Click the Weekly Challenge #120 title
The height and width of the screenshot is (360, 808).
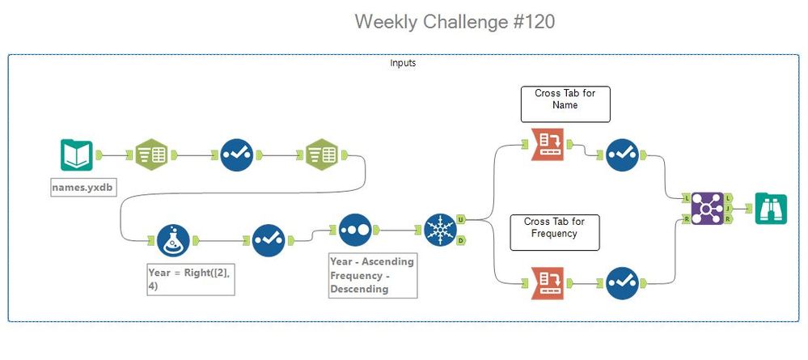(x=455, y=22)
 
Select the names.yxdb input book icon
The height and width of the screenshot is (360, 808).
(x=76, y=155)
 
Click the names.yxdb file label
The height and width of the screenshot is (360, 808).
(x=81, y=188)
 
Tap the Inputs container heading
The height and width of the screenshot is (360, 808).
(x=403, y=63)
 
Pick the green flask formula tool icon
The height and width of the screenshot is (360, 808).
(x=174, y=240)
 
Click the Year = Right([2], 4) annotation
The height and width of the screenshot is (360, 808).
(x=191, y=279)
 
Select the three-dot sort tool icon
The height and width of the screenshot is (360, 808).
(x=355, y=230)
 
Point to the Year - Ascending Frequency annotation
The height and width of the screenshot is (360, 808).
(x=372, y=275)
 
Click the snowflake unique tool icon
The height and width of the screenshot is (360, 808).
(x=440, y=230)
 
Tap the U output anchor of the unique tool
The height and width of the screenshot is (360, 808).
(x=461, y=218)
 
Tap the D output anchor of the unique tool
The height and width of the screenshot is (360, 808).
(x=461, y=240)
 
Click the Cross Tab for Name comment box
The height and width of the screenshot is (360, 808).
(x=565, y=104)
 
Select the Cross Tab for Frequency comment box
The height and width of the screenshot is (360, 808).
(x=555, y=232)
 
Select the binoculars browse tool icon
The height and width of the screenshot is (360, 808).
(x=770, y=208)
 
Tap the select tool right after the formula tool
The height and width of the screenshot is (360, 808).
(x=268, y=240)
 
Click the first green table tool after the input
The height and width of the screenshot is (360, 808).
(x=150, y=155)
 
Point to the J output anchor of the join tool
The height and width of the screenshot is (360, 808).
(x=729, y=208)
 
